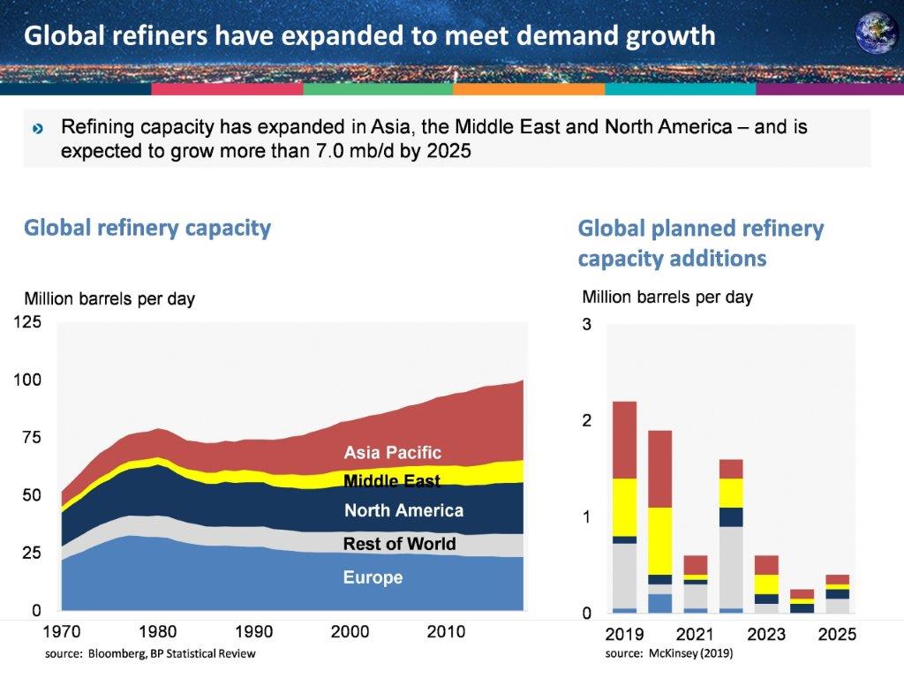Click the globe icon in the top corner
pyautogui.click(x=876, y=33)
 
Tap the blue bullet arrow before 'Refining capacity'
pyautogui.click(x=37, y=129)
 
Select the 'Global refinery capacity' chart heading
pyautogui.click(x=147, y=228)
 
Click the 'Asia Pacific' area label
pyautogui.click(x=392, y=453)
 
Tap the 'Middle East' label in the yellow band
pyautogui.click(x=391, y=481)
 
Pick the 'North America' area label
pyautogui.click(x=403, y=510)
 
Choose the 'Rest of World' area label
pyautogui.click(x=399, y=544)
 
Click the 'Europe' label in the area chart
pyautogui.click(x=373, y=578)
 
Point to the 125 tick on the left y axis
pyautogui.click(x=26, y=323)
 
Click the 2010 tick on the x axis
pyautogui.click(x=446, y=632)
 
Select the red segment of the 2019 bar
pyautogui.click(x=624, y=440)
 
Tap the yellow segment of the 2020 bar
pyautogui.click(x=659, y=540)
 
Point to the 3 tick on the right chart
pyautogui.click(x=586, y=325)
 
